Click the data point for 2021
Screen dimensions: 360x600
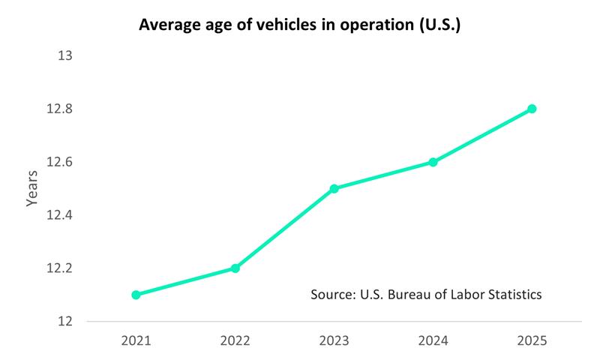coord(136,295)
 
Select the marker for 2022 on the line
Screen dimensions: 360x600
coord(235,268)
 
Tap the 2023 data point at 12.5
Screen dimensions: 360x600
coord(334,188)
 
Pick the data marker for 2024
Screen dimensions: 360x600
coord(433,162)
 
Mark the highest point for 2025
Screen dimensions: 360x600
coord(532,109)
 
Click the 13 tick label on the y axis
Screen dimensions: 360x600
coord(65,56)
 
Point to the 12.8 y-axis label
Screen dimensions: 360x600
coord(60,109)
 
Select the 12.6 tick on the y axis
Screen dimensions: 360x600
coord(60,162)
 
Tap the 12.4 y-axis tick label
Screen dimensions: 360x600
coord(60,215)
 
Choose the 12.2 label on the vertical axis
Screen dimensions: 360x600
coord(60,268)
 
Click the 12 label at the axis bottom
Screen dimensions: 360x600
coord(65,321)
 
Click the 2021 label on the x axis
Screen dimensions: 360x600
coord(136,340)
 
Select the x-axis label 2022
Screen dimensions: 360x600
coord(235,340)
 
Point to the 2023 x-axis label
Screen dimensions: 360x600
coord(334,340)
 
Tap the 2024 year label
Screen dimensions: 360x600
coord(433,340)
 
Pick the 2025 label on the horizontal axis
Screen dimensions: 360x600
coord(532,340)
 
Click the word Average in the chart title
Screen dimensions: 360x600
coord(169,25)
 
